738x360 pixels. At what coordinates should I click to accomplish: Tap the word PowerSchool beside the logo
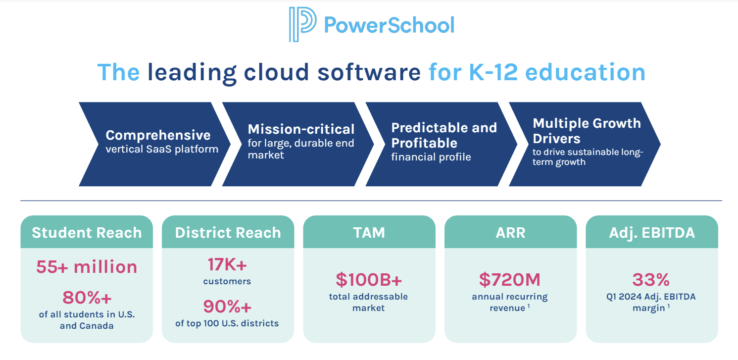[389, 25]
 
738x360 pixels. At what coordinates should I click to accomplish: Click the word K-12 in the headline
[493, 72]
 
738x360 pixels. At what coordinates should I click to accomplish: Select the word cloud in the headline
[276, 72]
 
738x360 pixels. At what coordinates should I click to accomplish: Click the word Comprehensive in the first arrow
[158, 135]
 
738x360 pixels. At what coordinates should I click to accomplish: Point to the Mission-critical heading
[301, 129]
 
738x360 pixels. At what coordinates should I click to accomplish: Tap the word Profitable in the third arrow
[424, 143]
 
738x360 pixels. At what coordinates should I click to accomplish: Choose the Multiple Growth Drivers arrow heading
[587, 131]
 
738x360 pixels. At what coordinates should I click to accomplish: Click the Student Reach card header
[87, 232]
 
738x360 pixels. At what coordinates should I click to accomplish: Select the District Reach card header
[228, 232]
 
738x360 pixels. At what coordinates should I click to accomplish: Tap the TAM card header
[369, 232]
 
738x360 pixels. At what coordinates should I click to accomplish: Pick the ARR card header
[511, 232]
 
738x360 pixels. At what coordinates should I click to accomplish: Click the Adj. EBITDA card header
[652, 232]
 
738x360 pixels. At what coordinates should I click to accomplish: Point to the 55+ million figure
[87, 267]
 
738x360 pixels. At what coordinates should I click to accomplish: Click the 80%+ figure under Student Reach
[87, 298]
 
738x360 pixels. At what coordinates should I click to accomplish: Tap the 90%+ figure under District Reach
[227, 306]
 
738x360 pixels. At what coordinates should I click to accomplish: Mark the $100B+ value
[369, 280]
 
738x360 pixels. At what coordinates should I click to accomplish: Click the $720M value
[510, 280]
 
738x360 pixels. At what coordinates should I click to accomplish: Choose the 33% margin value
[651, 280]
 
